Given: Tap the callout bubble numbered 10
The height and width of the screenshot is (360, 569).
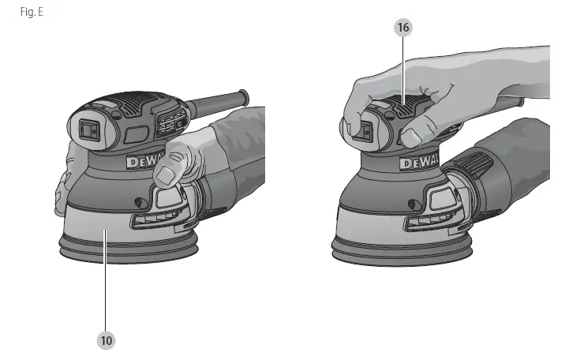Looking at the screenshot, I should [106, 340].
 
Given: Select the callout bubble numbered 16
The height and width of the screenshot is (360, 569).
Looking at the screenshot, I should [404, 27].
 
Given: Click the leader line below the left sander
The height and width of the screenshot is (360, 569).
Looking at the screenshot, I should [106, 292].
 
